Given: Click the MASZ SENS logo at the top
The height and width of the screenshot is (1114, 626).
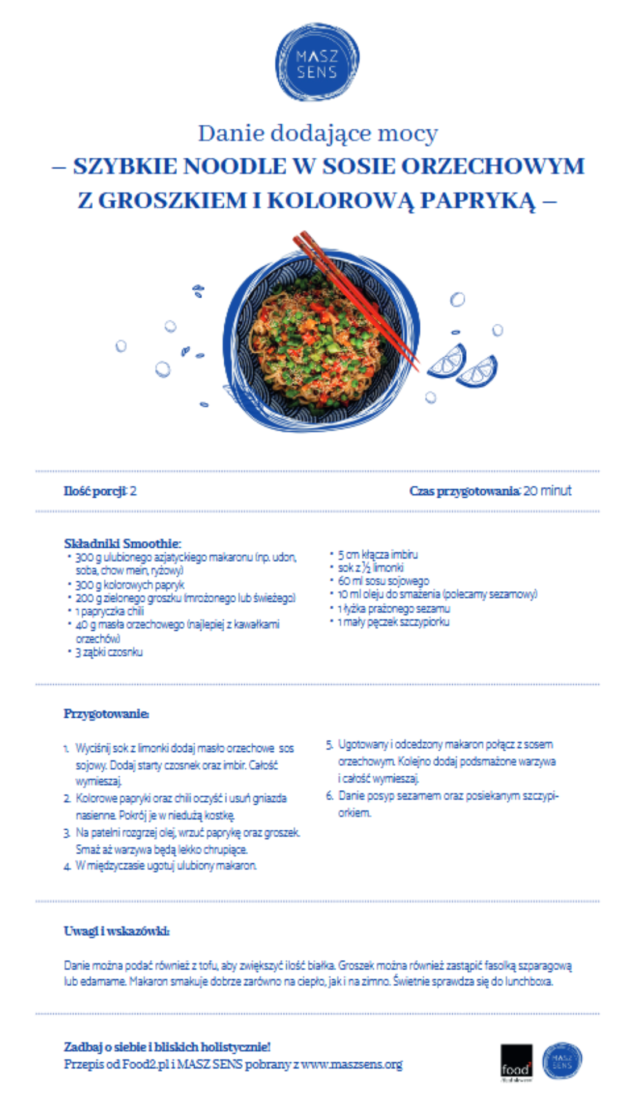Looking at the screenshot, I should pos(317,63).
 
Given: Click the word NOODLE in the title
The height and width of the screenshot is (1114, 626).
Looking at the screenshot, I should pos(235,167).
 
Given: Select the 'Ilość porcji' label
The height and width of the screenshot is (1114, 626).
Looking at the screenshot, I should pos(95,491).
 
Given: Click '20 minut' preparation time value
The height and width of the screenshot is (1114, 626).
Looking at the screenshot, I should pos(547,491).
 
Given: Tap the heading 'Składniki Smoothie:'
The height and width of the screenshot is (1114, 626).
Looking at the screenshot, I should pos(122,544).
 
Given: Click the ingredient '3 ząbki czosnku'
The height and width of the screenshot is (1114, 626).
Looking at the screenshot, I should pos(109,652).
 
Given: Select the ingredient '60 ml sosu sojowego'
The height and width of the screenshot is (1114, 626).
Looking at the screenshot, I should pos(383,581).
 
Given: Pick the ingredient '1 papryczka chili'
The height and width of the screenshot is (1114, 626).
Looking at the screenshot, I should pos(110,612).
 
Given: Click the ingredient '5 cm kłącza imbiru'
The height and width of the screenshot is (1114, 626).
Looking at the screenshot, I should pos(377,555).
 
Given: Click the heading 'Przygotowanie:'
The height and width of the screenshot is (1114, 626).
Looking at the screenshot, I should pos(106,714).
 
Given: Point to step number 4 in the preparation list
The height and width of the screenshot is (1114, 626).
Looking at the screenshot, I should pos(68,866).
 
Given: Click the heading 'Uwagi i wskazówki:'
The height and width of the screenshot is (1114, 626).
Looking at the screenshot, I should pos(117,931).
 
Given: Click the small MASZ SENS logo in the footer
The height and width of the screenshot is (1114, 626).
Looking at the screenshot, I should pos(562,1061).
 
